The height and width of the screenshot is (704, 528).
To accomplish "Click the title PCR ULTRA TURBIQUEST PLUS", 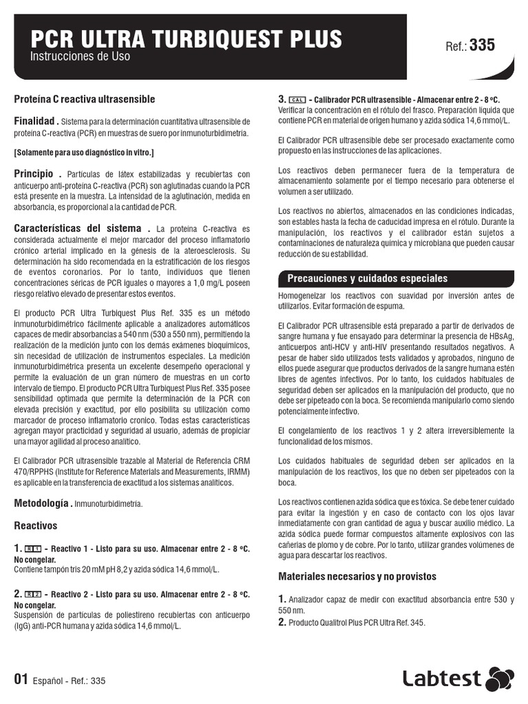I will [186, 39].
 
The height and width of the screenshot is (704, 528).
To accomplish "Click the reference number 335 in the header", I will [481, 45].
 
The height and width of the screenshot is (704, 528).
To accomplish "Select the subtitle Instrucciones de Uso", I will [80, 57].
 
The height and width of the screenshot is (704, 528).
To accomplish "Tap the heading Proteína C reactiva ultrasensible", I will [85, 100].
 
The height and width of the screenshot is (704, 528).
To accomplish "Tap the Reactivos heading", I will [36, 526].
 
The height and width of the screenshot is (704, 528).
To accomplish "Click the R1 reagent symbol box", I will [33, 549].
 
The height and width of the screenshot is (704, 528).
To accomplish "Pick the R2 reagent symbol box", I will [33, 593].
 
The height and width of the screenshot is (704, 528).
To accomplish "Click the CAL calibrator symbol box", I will [297, 100].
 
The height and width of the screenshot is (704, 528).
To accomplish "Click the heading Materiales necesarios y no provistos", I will [357, 576].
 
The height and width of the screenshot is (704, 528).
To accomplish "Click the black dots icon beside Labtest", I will [499, 679].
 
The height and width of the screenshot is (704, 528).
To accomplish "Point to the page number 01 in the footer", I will [21, 680].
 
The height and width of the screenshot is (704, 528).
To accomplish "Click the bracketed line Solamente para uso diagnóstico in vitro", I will [84, 152].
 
